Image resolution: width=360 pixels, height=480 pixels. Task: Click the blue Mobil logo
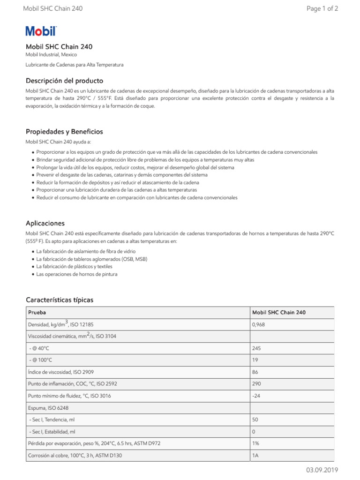point(41,31)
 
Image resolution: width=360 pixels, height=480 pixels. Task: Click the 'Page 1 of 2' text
point(322,8)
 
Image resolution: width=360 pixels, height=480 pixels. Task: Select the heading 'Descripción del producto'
point(64,81)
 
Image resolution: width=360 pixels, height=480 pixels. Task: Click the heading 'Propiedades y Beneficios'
point(64,132)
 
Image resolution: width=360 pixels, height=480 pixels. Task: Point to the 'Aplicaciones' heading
point(45,223)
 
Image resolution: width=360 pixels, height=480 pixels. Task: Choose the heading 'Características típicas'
point(60,300)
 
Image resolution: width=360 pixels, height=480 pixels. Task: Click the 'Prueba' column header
point(37,312)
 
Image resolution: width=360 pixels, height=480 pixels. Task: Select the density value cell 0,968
point(259,324)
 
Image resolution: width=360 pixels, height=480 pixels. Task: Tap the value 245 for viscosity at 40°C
point(256,348)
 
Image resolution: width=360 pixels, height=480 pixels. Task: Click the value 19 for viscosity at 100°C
point(255,360)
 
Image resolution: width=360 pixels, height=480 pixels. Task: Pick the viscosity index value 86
point(255,372)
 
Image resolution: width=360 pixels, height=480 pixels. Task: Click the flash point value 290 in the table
point(256,383)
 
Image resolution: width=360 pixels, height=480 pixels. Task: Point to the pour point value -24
point(256,396)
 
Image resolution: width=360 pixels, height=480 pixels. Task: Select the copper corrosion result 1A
point(255,455)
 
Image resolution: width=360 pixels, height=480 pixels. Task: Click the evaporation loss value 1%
point(255,443)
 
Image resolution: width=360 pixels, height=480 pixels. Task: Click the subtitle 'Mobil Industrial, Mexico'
point(51,55)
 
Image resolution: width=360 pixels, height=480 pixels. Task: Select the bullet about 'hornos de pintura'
point(76,274)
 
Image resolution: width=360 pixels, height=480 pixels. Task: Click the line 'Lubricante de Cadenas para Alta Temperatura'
point(74,65)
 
